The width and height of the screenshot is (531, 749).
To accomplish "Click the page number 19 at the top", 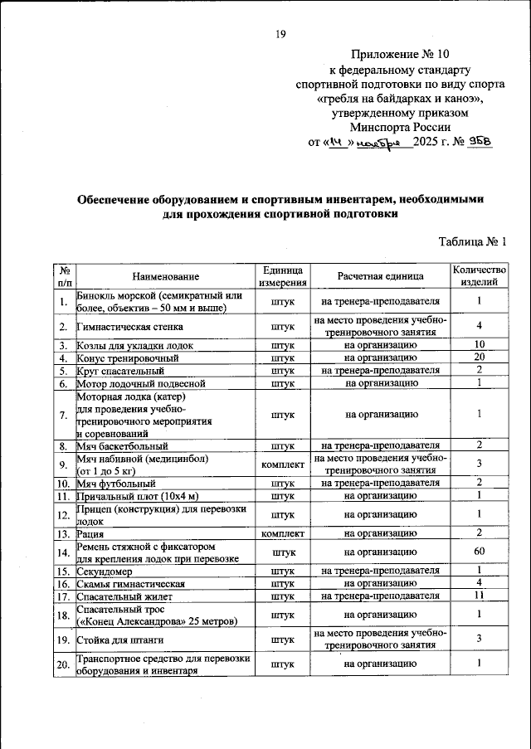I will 280,33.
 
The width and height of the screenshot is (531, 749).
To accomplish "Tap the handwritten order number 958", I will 480,141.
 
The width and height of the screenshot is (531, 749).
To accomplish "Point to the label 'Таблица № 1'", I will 472,241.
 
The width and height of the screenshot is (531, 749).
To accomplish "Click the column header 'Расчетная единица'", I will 381,276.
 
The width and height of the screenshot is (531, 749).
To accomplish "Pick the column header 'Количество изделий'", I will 479,276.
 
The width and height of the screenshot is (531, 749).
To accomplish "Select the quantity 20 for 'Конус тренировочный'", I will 479,357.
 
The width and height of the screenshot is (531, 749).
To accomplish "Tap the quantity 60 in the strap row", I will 479,551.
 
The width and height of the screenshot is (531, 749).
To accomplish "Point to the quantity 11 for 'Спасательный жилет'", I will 479,596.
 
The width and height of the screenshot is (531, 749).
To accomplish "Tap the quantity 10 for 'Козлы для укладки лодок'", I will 479,345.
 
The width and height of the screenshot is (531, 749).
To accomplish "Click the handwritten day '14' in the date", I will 337,142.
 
